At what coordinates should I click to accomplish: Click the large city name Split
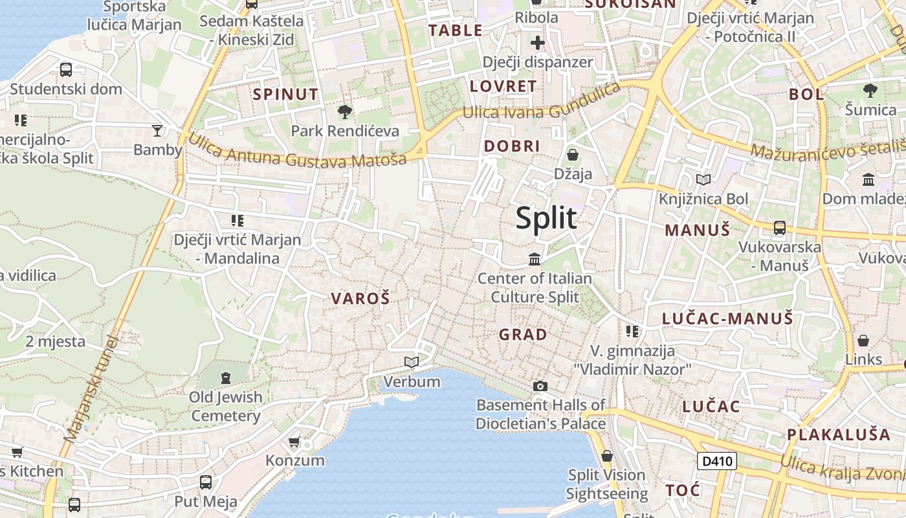pos(546,218)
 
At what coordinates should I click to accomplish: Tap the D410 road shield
pos(716,461)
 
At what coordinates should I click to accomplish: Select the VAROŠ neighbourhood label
pos(360,298)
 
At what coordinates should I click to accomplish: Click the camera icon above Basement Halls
pos(540,386)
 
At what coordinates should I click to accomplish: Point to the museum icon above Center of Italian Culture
pos(535,260)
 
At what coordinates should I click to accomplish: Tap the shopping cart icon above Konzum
pos(294,442)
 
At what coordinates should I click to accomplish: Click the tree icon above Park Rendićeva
pos(345,111)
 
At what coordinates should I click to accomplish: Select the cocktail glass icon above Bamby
pos(157,131)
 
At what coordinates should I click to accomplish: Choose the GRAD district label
pos(523,335)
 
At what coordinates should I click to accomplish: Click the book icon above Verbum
pos(412,362)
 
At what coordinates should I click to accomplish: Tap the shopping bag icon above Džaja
pos(573,155)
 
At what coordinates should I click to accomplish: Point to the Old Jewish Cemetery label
pos(225,406)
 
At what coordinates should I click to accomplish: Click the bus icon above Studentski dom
pos(66,70)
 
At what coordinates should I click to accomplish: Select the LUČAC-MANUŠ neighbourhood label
pos(727,318)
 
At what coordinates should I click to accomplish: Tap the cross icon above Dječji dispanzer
pos(538,43)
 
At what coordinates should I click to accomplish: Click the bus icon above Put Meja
pos(206,482)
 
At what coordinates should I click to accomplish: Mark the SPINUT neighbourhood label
pos(285,95)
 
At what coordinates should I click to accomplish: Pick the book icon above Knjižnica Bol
pos(703,179)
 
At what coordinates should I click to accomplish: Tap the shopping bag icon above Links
pos(863,341)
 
